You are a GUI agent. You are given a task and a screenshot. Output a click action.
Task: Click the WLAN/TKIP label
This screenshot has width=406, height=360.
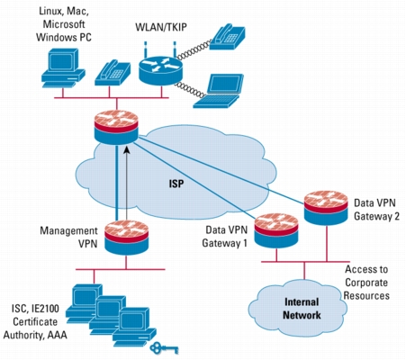161,27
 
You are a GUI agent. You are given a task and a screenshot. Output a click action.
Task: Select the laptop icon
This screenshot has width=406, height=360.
219,91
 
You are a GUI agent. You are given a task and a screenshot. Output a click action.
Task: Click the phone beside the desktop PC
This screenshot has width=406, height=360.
113,73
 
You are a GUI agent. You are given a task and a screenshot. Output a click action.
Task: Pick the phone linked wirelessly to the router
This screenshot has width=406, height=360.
227,37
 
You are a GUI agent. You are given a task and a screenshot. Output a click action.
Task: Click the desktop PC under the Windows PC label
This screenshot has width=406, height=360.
63,67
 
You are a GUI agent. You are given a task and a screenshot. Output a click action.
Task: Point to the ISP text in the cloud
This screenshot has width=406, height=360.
176,184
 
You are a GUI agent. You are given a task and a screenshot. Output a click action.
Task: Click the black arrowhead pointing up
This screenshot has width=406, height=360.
127,149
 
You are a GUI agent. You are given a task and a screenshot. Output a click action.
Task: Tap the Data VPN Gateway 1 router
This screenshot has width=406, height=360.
276,230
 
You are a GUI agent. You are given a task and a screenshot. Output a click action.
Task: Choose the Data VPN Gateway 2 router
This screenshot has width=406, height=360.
326,208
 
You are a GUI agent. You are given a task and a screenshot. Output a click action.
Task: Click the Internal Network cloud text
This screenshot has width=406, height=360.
302,309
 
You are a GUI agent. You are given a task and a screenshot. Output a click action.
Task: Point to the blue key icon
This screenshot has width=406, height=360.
165,348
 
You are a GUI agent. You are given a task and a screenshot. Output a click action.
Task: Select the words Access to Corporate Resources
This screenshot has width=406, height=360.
366,283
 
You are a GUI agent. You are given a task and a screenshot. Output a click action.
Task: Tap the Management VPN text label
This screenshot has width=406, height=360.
68,237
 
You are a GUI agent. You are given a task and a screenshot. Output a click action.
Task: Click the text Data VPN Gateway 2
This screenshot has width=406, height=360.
377,210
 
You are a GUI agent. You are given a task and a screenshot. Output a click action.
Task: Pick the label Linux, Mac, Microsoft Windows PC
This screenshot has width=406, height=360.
64,24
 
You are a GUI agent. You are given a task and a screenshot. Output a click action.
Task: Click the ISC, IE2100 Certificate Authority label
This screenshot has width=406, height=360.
35,322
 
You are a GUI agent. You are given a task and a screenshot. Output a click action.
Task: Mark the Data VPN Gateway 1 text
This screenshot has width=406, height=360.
225,237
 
